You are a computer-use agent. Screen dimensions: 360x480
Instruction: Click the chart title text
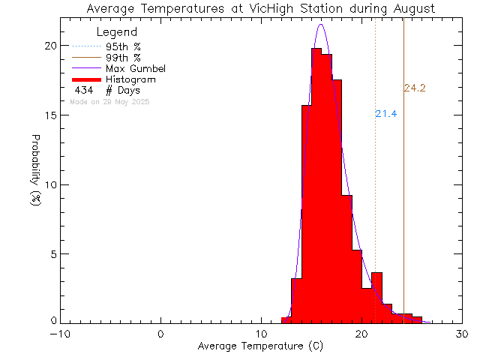pyautogui.click(x=260, y=9)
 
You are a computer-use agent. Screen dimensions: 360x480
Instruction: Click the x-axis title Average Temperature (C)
pyautogui.click(x=260, y=346)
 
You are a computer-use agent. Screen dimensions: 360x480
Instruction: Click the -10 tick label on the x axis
pyautogui.click(x=61, y=334)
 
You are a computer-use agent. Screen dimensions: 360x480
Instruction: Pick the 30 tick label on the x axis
pyautogui.click(x=462, y=334)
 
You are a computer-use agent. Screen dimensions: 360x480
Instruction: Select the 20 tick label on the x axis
pyautogui.click(x=361, y=334)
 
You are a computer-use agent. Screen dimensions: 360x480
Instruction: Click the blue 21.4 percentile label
pyautogui.click(x=386, y=114)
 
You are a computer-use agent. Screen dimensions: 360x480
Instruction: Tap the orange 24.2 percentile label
pyautogui.click(x=415, y=88)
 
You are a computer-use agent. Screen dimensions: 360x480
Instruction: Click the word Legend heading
pyautogui.click(x=117, y=32)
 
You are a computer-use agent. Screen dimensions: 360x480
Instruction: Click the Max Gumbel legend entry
pyautogui.click(x=135, y=68)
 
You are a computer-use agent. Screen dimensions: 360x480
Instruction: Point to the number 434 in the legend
pyautogui.click(x=83, y=90)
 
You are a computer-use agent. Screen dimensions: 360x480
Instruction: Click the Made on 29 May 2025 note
pyautogui.click(x=109, y=100)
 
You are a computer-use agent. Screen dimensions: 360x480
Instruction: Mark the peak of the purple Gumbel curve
pyautogui.click(x=321, y=24)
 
